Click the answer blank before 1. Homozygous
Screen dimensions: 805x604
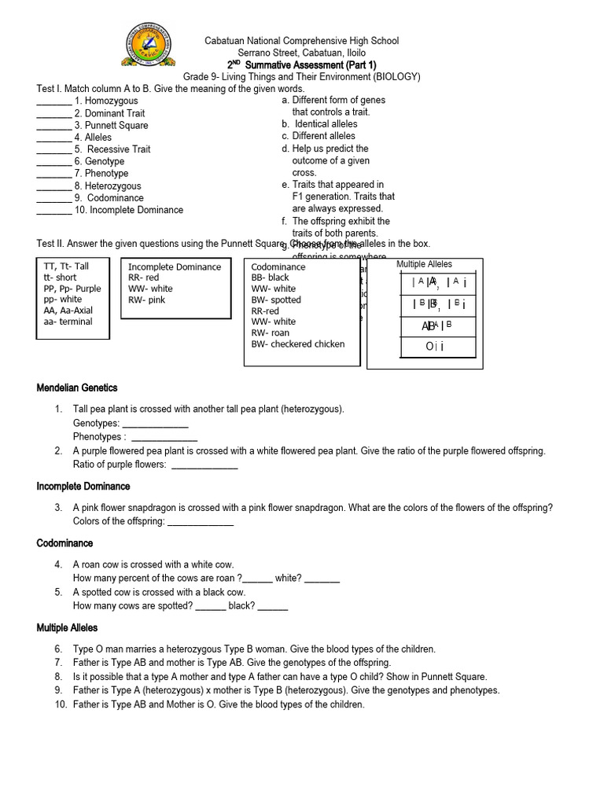[53, 102]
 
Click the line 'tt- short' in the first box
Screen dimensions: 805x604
[61, 278]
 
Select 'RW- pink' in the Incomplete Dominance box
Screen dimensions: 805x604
[147, 300]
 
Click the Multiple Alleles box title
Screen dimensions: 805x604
[425, 264]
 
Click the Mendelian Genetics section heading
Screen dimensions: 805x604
[77, 388]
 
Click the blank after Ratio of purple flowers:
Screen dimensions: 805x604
[204, 465]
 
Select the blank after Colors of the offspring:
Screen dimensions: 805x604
[201, 522]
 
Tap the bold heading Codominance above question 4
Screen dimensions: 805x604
[64, 543]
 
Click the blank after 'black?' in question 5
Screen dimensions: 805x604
[272, 606]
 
